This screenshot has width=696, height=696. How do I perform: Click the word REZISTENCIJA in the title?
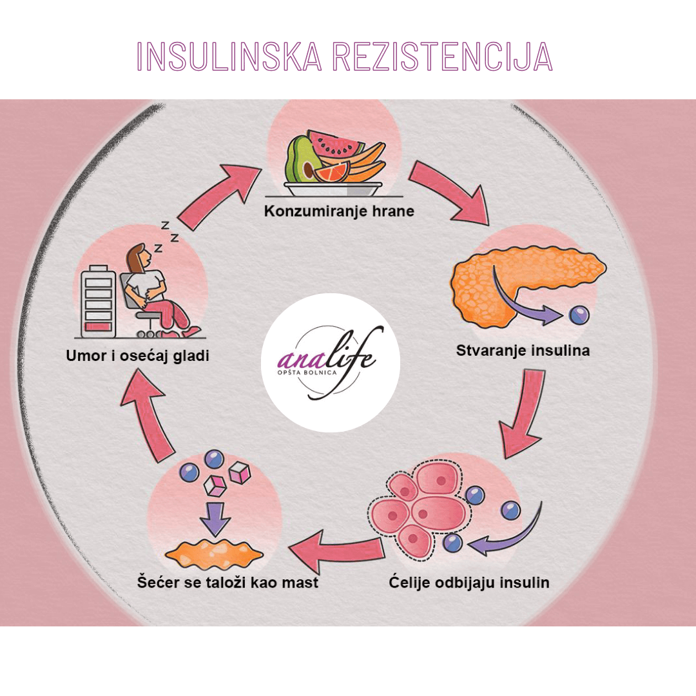pos(443,57)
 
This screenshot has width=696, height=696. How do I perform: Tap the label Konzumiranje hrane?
pos(339,211)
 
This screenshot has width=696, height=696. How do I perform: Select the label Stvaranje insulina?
pos(523,351)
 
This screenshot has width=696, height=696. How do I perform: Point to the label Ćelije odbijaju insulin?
pos(469,583)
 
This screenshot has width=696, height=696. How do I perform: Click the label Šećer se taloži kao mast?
pos(228,583)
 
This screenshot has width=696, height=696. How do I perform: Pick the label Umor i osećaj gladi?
pos(137,355)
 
